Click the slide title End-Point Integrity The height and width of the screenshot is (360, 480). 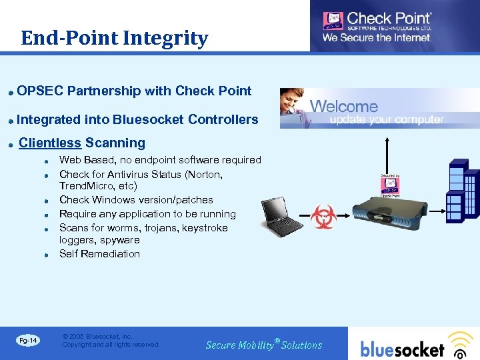[114, 39]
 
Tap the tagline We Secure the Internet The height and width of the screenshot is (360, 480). [377, 38]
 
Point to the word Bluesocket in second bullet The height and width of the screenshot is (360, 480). [149, 120]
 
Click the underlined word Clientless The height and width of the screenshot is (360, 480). [50, 143]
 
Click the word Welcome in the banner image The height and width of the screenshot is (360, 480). [344, 106]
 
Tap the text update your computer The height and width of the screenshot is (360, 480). [387, 120]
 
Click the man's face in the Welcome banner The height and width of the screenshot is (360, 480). [293, 101]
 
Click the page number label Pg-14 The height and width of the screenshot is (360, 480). [28, 341]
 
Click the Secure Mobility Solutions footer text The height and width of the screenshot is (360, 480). [264, 345]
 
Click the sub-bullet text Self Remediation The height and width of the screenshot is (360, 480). [99, 254]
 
